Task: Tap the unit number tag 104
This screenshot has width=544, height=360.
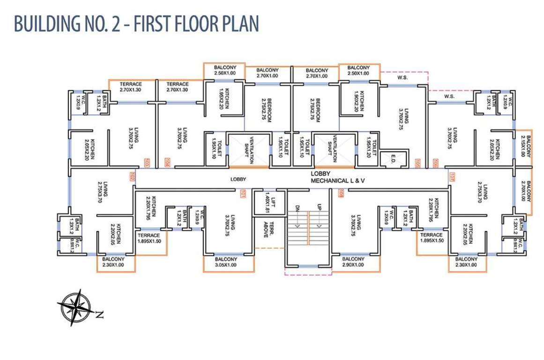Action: pos(167,163)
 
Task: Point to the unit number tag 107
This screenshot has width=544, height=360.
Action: pos(452,177)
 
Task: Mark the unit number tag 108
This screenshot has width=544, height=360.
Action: pos(341,192)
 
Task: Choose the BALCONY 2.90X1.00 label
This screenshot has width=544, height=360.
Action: pos(353,262)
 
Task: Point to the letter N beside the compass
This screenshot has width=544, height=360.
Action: pos(98,315)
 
